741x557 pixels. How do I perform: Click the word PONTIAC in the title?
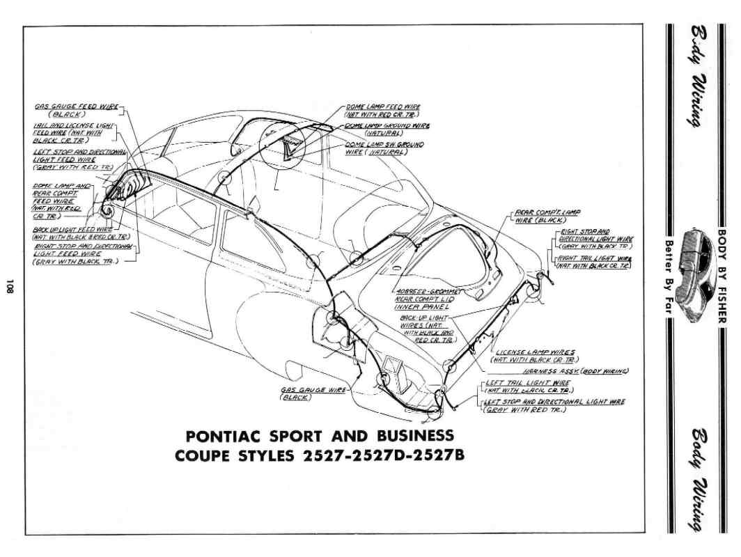225,437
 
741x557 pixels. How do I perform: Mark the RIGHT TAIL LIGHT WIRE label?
597,258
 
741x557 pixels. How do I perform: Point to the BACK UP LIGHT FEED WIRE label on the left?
72,228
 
